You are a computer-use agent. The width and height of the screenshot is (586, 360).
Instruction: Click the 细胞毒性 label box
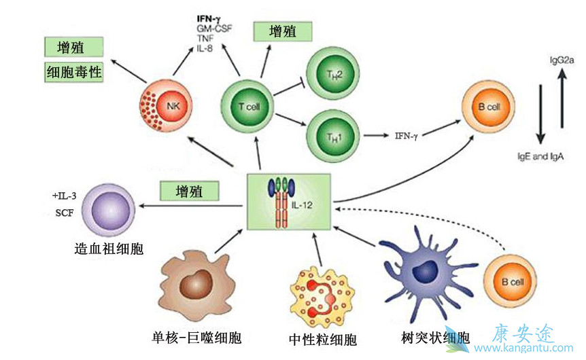coord(74,72)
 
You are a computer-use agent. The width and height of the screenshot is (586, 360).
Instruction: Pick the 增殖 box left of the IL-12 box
coord(190,190)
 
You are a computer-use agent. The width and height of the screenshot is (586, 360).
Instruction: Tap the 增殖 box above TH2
coord(282,31)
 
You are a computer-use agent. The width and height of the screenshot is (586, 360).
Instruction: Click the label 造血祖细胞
coord(109,249)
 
